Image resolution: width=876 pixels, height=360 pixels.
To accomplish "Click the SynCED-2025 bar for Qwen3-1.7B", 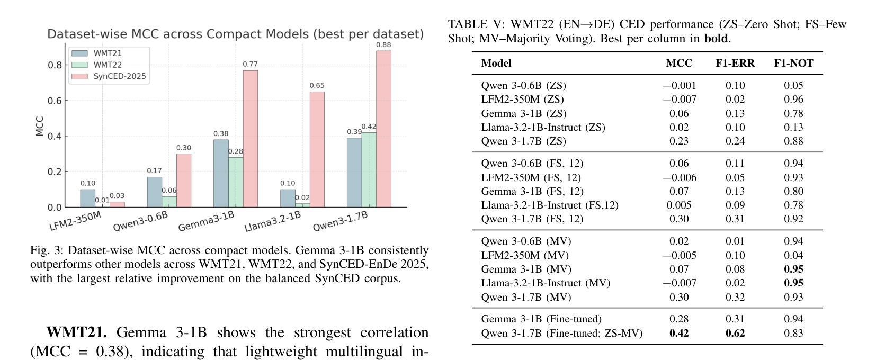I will [x=383, y=129].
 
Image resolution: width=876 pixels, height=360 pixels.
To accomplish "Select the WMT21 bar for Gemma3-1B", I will [x=221, y=173].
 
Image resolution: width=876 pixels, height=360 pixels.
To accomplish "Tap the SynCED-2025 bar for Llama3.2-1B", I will [x=317, y=149].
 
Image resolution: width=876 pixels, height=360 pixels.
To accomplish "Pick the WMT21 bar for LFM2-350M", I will [x=88, y=198].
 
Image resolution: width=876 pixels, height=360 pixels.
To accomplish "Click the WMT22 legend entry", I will [x=108, y=65].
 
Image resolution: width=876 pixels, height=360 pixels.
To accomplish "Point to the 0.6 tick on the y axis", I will [x=55, y=101].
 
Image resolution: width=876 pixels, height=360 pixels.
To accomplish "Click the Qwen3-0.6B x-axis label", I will [x=140, y=221].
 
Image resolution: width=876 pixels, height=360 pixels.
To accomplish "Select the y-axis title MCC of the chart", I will [x=39, y=126].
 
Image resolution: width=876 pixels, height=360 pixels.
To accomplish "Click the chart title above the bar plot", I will [x=236, y=34].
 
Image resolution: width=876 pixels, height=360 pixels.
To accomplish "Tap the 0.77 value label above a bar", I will [x=250, y=65].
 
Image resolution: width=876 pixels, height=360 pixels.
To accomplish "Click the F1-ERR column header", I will [x=735, y=64].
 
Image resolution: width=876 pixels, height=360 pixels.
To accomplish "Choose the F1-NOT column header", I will [x=793, y=64].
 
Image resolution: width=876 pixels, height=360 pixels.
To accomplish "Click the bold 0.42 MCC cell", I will [x=679, y=333].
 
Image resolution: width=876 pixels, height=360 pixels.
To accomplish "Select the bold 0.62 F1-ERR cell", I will [x=735, y=333].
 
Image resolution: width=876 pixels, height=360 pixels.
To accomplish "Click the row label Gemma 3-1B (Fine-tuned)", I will [x=541, y=319].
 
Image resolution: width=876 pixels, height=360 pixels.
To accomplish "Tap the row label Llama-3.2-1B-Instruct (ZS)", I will [x=543, y=127].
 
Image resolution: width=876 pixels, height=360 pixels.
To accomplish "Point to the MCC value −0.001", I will [x=679, y=85].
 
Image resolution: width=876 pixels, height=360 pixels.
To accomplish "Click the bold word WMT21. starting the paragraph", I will [x=77, y=332].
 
